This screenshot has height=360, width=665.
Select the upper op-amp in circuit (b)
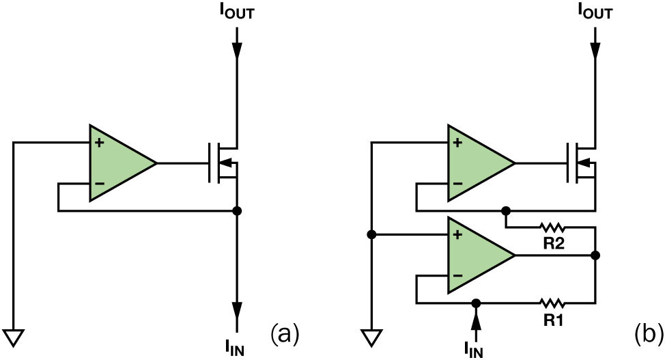tap(476, 163)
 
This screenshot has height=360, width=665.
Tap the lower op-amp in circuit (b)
tap(476, 255)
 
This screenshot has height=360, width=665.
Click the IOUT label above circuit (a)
tap(236, 11)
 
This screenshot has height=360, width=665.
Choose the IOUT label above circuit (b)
tap(595, 11)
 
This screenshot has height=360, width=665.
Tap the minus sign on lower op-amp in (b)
tap(459, 276)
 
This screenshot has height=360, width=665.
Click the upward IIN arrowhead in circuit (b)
tap(477, 315)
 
